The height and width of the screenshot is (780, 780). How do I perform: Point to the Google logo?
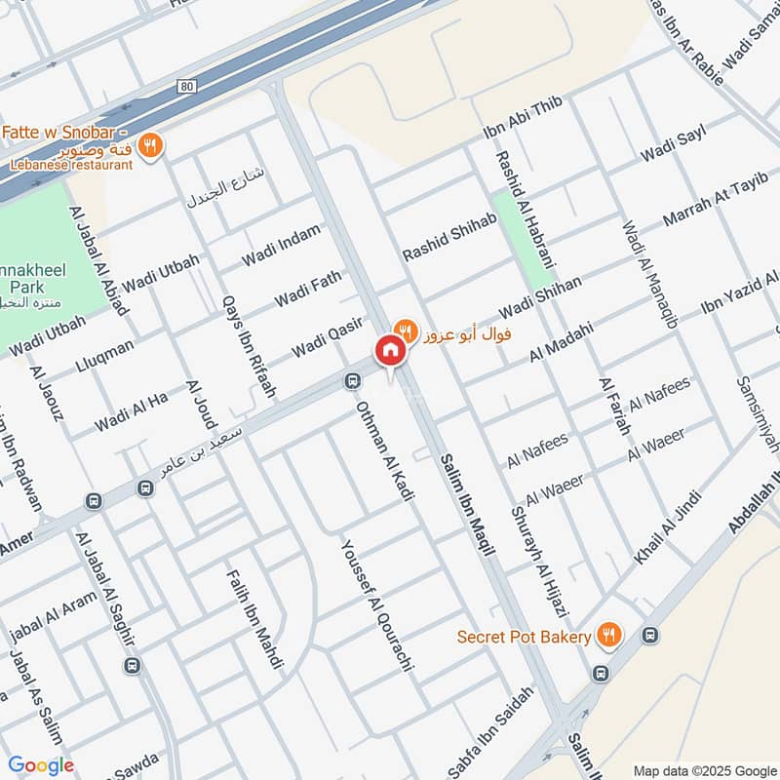click(41, 765)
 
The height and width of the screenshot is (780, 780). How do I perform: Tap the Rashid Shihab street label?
click(450, 237)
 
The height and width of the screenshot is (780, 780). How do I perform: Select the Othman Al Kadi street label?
click(385, 450)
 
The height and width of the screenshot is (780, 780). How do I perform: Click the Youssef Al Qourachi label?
click(378, 604)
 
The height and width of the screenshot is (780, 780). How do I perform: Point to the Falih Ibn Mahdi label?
click(255, 620)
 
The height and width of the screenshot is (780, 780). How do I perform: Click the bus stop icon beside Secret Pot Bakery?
click(650, 635)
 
